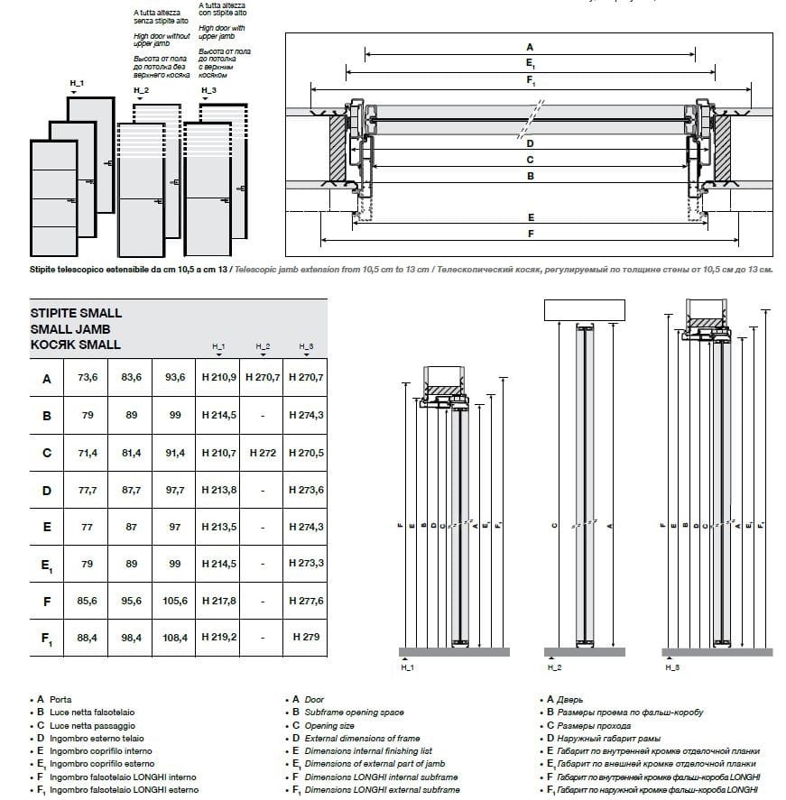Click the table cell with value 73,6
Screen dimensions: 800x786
88,378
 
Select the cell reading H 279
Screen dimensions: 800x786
304,637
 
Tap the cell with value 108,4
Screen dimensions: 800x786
174,637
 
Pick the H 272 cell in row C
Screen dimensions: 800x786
262,452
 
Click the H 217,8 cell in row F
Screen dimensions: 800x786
218,600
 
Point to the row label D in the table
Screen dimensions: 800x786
47,490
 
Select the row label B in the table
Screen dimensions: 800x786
47,416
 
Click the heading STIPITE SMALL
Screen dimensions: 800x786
76,313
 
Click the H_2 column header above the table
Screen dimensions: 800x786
263,347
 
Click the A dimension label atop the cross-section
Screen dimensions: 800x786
530,47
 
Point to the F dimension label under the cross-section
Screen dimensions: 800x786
531,233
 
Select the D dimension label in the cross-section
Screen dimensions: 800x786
531,143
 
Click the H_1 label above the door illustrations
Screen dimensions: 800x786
77,83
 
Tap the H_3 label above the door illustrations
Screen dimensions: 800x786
208,90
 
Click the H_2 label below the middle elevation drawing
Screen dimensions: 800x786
554,668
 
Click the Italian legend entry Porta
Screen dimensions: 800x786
60,699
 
